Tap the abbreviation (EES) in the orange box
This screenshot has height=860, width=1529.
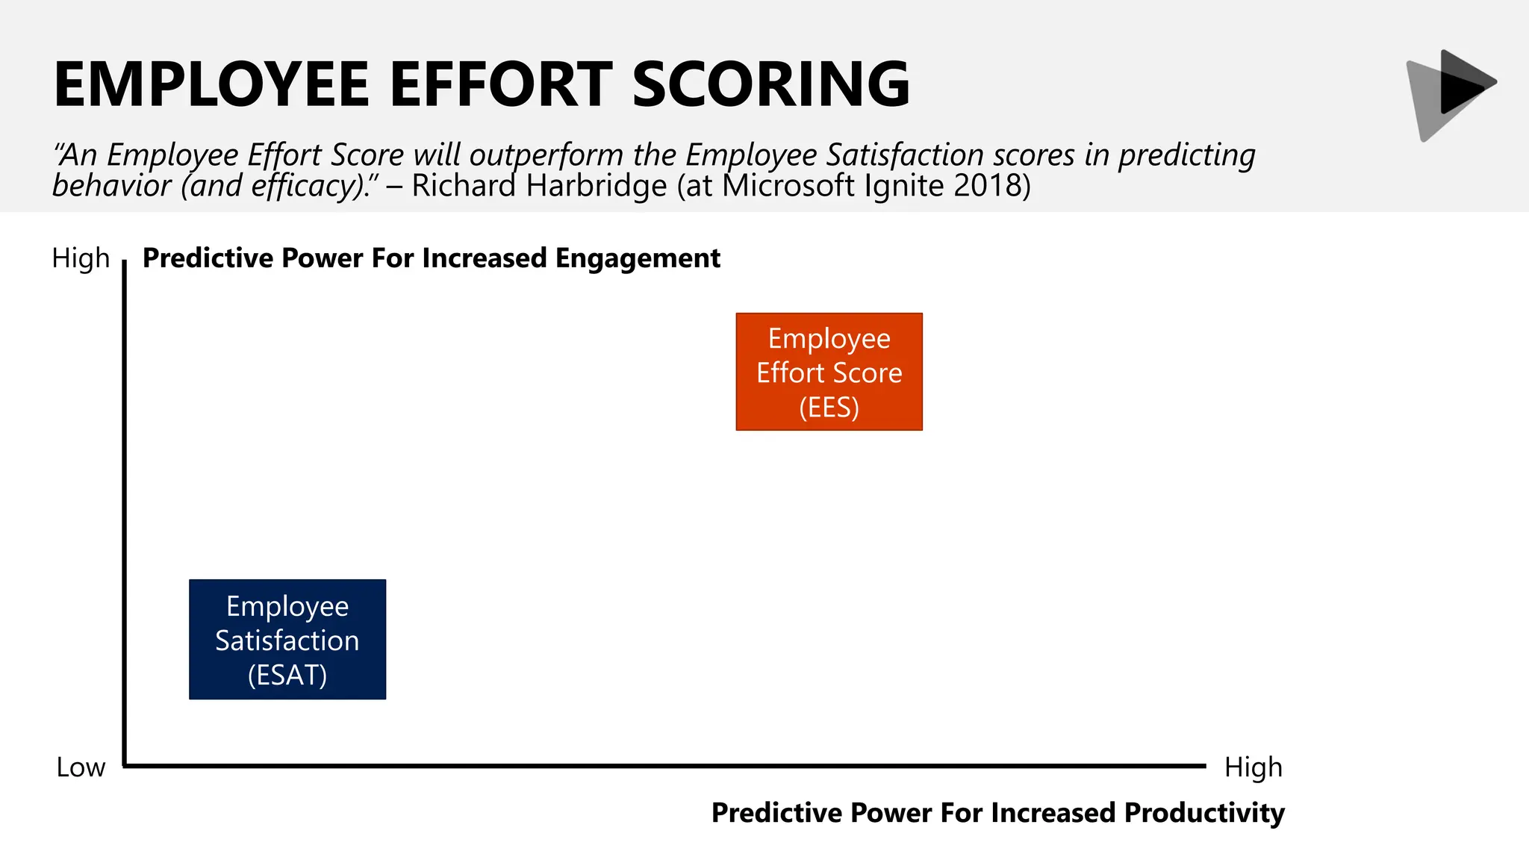(829, 408)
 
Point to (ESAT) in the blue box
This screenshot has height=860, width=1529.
(287, 675)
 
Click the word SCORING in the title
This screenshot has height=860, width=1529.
(771, 84)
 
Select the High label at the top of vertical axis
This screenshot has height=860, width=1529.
(81, 258)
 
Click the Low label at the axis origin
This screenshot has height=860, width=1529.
(81, 767)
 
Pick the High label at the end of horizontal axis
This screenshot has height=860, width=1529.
(1253, 767)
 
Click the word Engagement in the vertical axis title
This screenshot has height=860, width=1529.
(638, 258)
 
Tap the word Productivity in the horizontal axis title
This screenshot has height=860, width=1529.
(1204, 812)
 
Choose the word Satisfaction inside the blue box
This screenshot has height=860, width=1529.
(287, 641)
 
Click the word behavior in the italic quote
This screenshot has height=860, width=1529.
(112, 186)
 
